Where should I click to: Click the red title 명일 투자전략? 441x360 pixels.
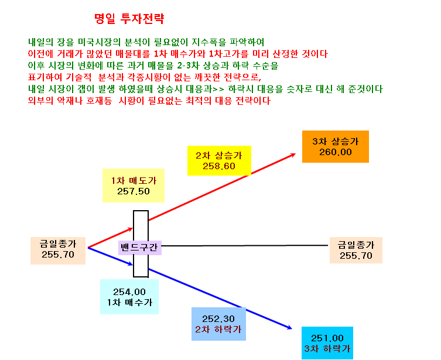pos(129,19)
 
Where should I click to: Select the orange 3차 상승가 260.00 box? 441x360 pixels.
pos(335,146)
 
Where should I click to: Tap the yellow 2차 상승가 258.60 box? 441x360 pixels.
pos(219,160)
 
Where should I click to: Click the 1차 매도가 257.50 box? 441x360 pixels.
pos(134,186)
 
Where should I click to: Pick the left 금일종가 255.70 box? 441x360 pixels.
pos(58,251)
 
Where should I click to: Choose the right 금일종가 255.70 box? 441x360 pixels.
pos(355,250)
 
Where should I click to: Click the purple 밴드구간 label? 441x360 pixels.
pos(140,248)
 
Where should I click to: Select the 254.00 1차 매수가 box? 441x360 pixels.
pos(129,297)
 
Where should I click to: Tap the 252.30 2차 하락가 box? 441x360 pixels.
pos(218,324)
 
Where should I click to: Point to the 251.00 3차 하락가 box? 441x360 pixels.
pos(327,343)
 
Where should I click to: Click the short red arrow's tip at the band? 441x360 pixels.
pos(133,228)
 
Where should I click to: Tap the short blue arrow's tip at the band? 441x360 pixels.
pos(133,265)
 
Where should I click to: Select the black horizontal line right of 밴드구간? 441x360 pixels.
pos(245,246)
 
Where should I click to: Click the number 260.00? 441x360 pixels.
pos(335,152)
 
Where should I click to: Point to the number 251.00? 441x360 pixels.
pos(327,338)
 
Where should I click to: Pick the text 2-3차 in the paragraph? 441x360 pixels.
pos(188,66)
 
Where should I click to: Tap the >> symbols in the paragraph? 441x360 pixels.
pos(218,89)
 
